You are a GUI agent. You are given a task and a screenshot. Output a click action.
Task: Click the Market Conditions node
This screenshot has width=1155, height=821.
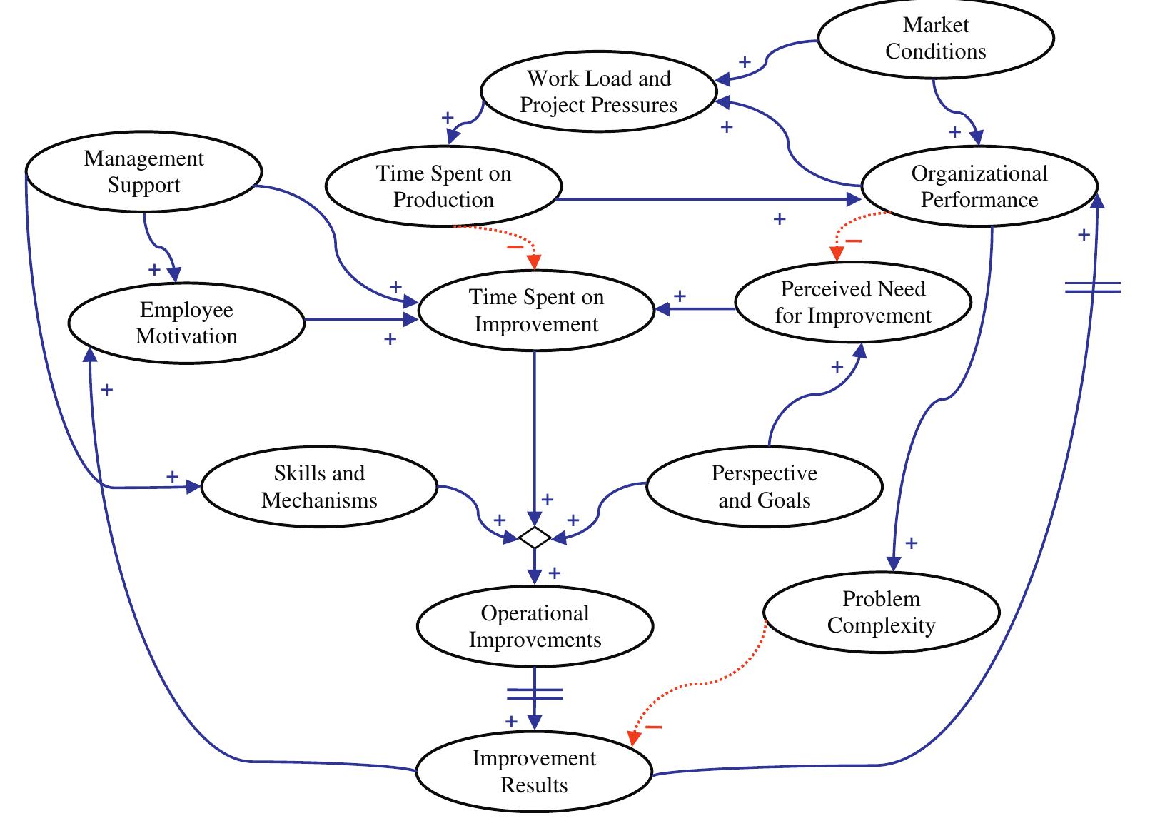click(x=935, y=38)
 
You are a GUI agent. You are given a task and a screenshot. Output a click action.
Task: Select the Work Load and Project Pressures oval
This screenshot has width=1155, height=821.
click(x=598, y=91)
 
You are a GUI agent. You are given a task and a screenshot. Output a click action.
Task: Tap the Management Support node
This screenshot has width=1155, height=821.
click(x=143, y=171)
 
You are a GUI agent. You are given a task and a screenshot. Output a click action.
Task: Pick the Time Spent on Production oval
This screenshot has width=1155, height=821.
click(x=443, y=186)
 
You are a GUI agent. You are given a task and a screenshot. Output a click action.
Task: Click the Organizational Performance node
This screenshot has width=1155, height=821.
click(x=979, y=186)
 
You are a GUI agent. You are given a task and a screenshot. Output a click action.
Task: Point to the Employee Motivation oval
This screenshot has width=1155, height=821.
click(x=186, y=323)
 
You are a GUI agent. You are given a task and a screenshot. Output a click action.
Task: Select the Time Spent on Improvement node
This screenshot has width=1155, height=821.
click(x=535, y=311)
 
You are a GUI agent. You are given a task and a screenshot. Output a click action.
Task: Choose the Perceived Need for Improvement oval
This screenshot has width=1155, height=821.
click(x=853, y=302)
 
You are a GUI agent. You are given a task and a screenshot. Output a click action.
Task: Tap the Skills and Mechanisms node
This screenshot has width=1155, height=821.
click(x=319, y=487)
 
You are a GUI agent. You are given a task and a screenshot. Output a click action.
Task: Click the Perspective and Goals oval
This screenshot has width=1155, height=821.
click(x=764, y=487)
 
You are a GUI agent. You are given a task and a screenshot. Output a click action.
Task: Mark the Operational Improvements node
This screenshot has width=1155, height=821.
click(x=535, y=626)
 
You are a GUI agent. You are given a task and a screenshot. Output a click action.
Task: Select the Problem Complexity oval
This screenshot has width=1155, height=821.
click(x=881, y=612)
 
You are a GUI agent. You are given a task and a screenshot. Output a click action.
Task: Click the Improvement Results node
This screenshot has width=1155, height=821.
click(x=534, y=772)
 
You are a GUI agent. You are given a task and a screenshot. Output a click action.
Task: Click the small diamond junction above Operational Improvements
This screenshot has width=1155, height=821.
click(x=535, y=537)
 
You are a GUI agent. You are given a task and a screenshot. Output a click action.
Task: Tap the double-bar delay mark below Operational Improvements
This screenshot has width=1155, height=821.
click(x=535, y=694)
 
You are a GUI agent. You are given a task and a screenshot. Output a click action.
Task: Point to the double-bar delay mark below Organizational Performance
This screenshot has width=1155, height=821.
click(x=1092, y=288)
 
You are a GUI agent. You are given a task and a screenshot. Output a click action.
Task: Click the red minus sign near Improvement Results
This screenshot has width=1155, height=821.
click(x=653, y=727)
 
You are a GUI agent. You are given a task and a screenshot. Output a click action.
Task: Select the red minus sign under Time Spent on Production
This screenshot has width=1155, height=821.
click(x=515, y=247)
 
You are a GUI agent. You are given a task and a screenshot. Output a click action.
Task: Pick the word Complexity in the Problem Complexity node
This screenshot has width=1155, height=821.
click(x=881, y=625)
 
